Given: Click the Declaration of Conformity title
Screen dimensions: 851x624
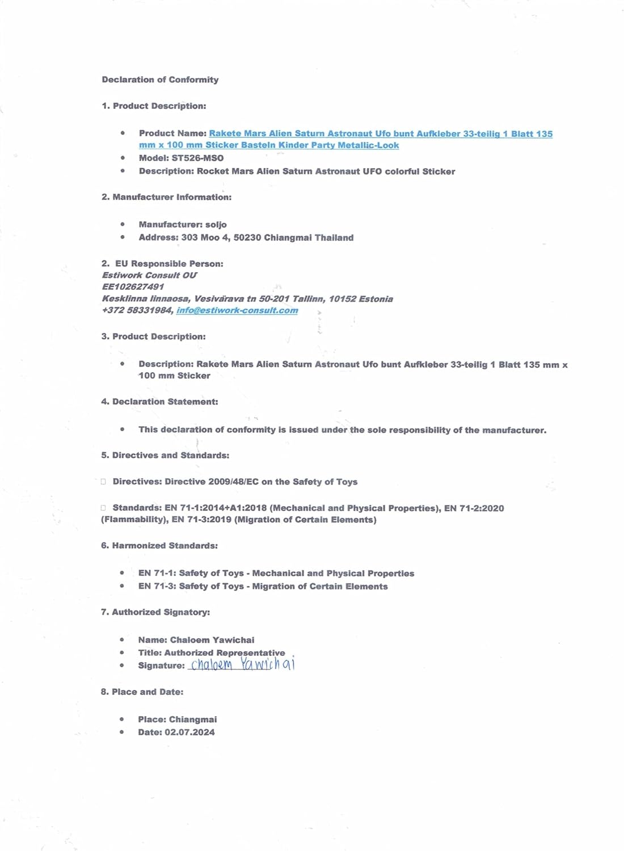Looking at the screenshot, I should click(160, 79).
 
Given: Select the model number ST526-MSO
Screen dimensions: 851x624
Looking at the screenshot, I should click(197, 158).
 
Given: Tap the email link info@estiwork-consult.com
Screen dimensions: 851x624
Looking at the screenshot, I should click(237, 310).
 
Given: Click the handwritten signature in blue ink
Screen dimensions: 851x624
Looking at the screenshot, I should click(242, 664).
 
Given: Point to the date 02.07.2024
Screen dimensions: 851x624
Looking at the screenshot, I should click(189, 732).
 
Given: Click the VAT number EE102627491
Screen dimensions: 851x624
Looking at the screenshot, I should click(133, 287).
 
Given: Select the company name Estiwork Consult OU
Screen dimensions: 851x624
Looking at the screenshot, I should click(149, 275).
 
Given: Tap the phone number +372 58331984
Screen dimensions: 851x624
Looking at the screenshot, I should click(137, 310).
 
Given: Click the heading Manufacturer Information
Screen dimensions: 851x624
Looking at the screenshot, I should click(172, 197).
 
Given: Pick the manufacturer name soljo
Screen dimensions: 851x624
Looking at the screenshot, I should click(216, 225).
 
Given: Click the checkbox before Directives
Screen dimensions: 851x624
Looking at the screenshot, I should click(103, 482).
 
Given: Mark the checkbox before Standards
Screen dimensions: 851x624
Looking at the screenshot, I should click(103, 508).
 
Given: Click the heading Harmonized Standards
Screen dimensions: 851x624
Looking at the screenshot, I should click(165, 546).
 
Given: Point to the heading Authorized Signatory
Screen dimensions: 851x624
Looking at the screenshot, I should click(161, 612).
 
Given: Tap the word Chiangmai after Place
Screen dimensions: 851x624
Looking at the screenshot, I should click(193, 719).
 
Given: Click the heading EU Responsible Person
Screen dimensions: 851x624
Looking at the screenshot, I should click(169, 264).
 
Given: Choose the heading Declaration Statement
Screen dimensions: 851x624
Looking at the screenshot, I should click(165, 402).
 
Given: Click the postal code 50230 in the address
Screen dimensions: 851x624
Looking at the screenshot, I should click(247, 238).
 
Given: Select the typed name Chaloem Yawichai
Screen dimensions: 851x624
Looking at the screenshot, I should click(212, 640).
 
